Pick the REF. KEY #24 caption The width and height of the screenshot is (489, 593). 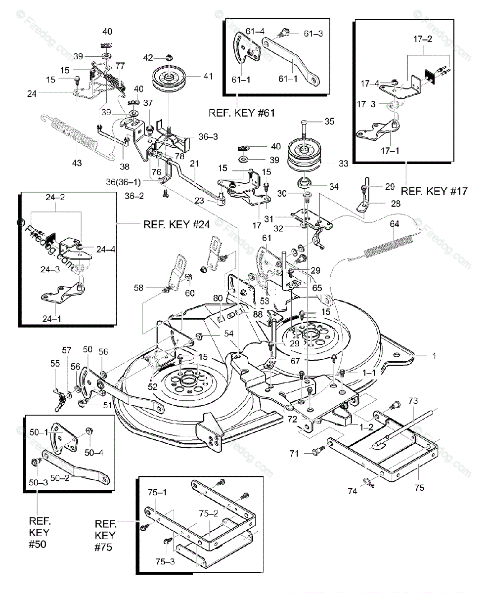177,224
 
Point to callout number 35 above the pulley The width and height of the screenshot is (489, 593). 329,121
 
